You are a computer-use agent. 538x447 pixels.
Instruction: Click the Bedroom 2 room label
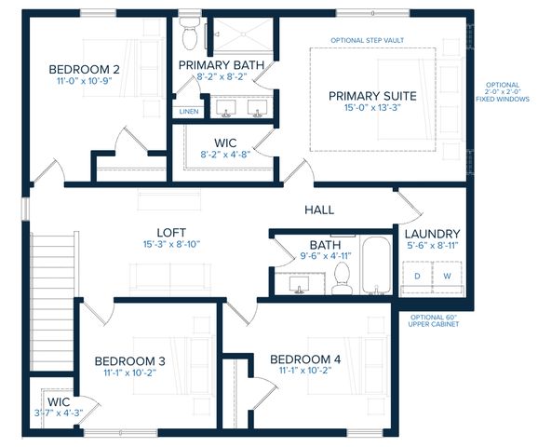(x=84, y=69)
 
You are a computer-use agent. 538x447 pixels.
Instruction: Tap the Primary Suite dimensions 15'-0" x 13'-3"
(x=372, y=107)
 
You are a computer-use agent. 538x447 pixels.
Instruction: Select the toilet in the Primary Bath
(x=189, y=34)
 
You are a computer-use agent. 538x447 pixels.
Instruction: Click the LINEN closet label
(x=189, y=111)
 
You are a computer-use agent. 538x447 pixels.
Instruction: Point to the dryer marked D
(x=417, y=276)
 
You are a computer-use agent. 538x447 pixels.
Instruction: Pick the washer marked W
(x=447, y=276)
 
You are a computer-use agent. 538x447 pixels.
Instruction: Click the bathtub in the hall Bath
(x=376, y=265)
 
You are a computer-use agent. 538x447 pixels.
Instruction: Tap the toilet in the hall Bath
(x=343, y=278)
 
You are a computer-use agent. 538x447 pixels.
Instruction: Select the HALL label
(x=319, y=210)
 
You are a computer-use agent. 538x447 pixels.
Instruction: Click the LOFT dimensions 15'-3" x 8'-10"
(x=171, y=244)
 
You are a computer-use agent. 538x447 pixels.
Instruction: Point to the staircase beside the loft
(x=53, y=301)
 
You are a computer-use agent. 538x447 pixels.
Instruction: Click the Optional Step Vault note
(x=367, y=40)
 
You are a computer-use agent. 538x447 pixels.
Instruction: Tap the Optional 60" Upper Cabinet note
(x=434, y=320)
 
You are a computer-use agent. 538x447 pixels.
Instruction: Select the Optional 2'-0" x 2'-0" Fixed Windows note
(x=503, y=91)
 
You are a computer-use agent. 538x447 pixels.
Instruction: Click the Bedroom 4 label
(x=305, y=359)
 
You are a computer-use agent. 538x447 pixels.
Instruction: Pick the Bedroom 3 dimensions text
(x=130, y=372)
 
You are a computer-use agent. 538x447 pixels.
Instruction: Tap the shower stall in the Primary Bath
(x=243, y=34)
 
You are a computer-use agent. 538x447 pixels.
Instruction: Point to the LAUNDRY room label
(x=432, y=234)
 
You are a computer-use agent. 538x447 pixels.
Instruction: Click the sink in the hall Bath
(x=299, y=285)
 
